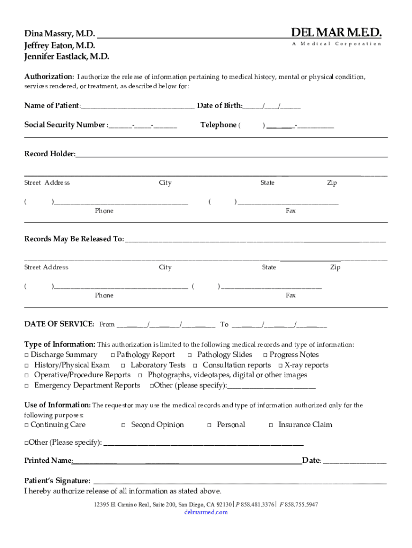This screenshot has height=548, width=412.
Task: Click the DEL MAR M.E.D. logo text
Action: pos(336,33)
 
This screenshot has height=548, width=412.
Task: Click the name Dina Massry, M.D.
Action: pos(59,34)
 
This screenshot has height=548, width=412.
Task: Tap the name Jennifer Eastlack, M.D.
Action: pos(66,56)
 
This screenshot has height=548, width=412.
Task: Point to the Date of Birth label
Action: pos(219,105)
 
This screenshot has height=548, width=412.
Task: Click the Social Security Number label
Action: pos(65,125)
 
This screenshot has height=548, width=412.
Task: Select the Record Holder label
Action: pos(49,154)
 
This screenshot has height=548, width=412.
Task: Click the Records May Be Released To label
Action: pos(74,239)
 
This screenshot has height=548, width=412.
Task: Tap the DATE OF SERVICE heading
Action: pos(59,324)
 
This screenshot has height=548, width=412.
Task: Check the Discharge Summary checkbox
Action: pos(27,355)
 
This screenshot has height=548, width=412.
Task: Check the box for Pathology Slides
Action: pos(190,355)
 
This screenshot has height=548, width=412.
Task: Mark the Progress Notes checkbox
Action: pos(265,355)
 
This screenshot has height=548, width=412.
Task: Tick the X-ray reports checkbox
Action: pos(280,366)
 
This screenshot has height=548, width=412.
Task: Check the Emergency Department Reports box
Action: pos(27,386)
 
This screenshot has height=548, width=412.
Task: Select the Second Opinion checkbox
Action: pos(123,425)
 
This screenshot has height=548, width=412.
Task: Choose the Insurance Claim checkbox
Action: pos(271,425)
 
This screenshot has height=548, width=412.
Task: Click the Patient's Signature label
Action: pos(57,481)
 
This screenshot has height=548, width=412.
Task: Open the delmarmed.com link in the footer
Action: pos(206,512)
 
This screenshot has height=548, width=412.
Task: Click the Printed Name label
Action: pos(48,461)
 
